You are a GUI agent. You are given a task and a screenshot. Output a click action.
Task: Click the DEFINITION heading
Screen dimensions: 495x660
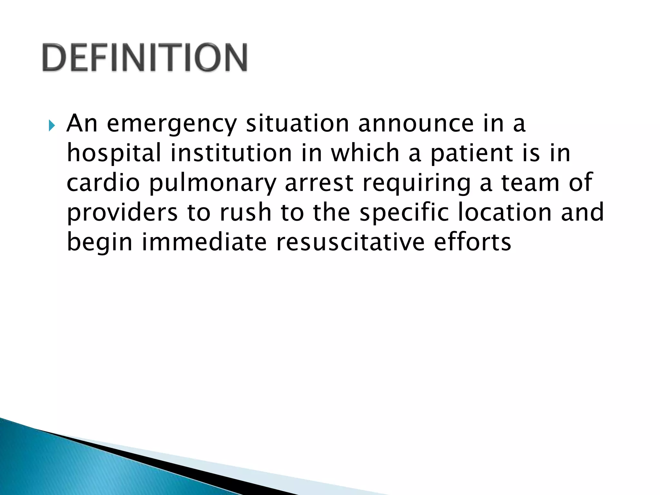click(145, 57)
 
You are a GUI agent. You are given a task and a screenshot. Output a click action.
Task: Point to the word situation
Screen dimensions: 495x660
click(297, 123)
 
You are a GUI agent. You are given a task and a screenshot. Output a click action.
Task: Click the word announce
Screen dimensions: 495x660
click(416, 124)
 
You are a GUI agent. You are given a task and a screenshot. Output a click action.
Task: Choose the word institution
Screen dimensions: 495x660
click(231, 153)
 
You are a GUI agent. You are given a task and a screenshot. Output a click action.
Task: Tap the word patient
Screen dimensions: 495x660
click(471, 153)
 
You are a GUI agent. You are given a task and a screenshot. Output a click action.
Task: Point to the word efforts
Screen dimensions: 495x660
click(472, 242)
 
